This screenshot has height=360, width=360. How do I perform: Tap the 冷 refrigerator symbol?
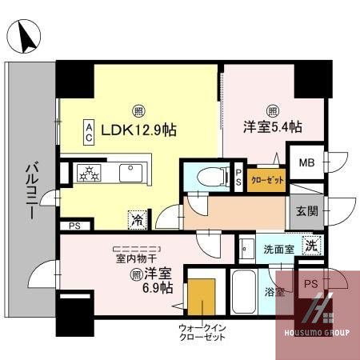tap(137, 217)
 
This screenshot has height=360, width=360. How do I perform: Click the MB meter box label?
tap(306, 164)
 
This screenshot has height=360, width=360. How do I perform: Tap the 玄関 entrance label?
tap(306, 211)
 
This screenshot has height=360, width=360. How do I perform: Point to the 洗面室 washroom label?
tap(279, 249)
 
